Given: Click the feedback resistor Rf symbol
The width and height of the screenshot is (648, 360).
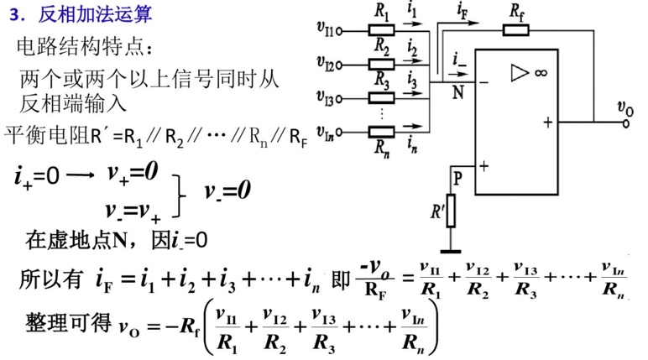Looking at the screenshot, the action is pos(516,31).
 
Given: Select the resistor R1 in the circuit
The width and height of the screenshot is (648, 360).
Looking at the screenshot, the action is pos(382,30).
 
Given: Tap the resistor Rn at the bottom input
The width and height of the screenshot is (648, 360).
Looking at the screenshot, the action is pos(382,131).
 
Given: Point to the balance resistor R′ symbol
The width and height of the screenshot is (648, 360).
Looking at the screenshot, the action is pos(451,211).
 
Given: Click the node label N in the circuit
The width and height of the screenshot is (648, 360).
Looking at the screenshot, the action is pos(457,92).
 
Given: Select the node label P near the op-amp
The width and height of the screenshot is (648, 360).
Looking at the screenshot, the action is pos(457,178).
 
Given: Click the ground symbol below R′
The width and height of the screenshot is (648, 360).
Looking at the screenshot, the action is pos(451,249).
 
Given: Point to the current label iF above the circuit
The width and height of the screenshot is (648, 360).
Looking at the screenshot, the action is pos(462,11).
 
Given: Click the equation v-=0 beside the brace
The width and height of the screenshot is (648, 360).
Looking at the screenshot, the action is pos(227,191).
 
